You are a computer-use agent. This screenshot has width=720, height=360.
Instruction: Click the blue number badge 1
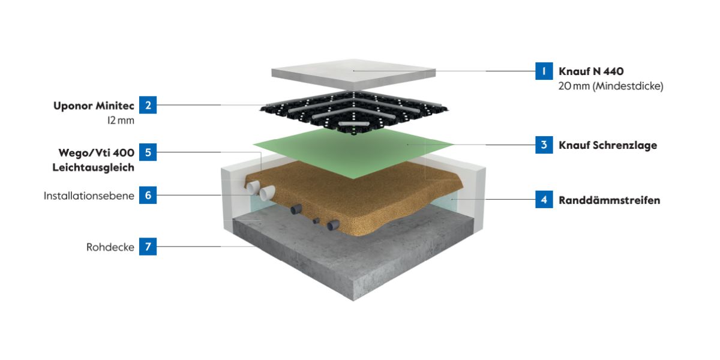coord(544,71)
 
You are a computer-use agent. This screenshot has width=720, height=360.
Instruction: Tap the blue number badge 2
coord(148,105)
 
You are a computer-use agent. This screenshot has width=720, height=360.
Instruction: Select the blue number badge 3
coord(544,145)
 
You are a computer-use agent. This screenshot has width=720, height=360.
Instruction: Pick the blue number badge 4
coord(544,200)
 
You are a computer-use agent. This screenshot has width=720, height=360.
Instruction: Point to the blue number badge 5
coord(148,152)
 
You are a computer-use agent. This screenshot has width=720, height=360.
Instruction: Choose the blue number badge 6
coord(148,196)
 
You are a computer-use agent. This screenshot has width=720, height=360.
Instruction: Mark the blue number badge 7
coord(148,247)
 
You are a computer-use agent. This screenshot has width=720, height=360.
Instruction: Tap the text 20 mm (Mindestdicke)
coord(611,86)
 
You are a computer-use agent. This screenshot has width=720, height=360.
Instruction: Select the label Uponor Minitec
coord(95,105)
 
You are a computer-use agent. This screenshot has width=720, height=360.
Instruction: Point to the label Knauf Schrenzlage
coord(607,145)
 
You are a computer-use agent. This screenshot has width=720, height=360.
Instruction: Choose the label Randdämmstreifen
coord(609,200)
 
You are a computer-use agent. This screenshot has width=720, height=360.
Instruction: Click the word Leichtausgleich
coord(93,167)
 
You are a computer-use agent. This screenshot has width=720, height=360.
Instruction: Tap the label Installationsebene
coord(89,196)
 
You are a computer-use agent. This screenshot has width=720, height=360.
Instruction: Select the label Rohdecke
coord(110,247)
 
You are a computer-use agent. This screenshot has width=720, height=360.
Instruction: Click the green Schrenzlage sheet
coord(354,153)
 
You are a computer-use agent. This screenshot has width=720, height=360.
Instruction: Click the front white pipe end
coord(266,193)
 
